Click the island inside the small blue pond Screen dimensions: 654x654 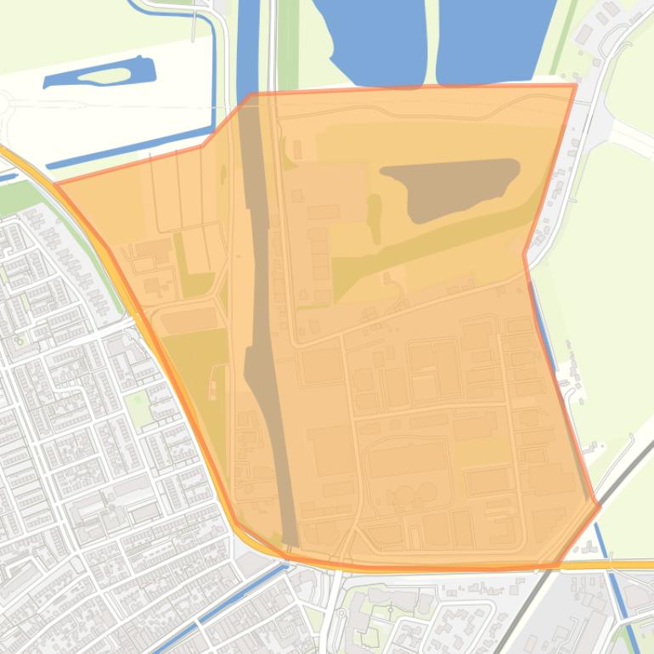click(104, 76)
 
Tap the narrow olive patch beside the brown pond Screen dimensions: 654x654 click(375, 217)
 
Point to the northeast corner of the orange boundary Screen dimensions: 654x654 click(575, 85)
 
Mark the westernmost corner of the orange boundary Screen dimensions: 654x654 click(56, 183)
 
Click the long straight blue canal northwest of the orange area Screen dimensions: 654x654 click(127, 152)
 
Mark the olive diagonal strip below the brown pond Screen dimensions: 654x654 click(425, 255)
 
